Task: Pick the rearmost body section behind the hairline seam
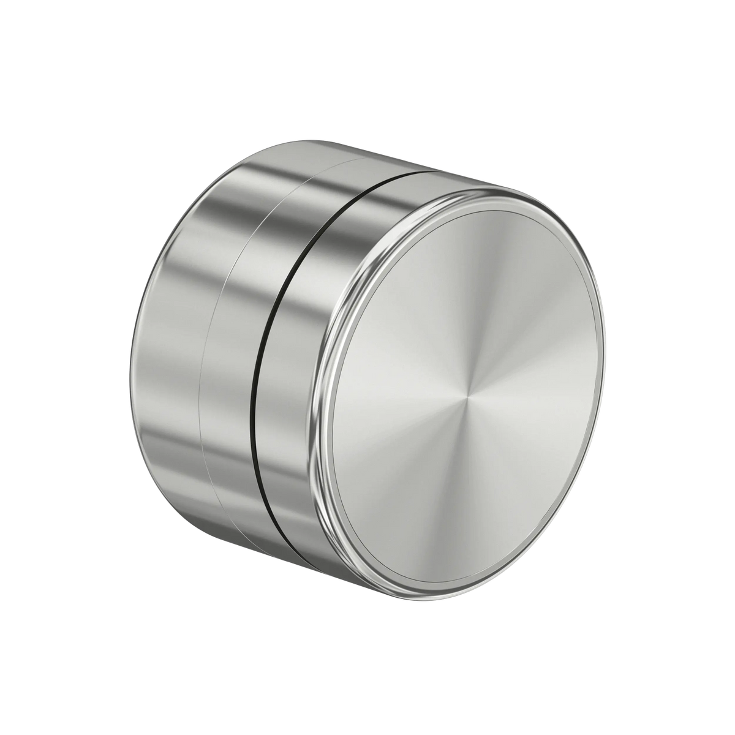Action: click(x=165, y=367)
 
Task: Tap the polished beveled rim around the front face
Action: click(x=321, y=392)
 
